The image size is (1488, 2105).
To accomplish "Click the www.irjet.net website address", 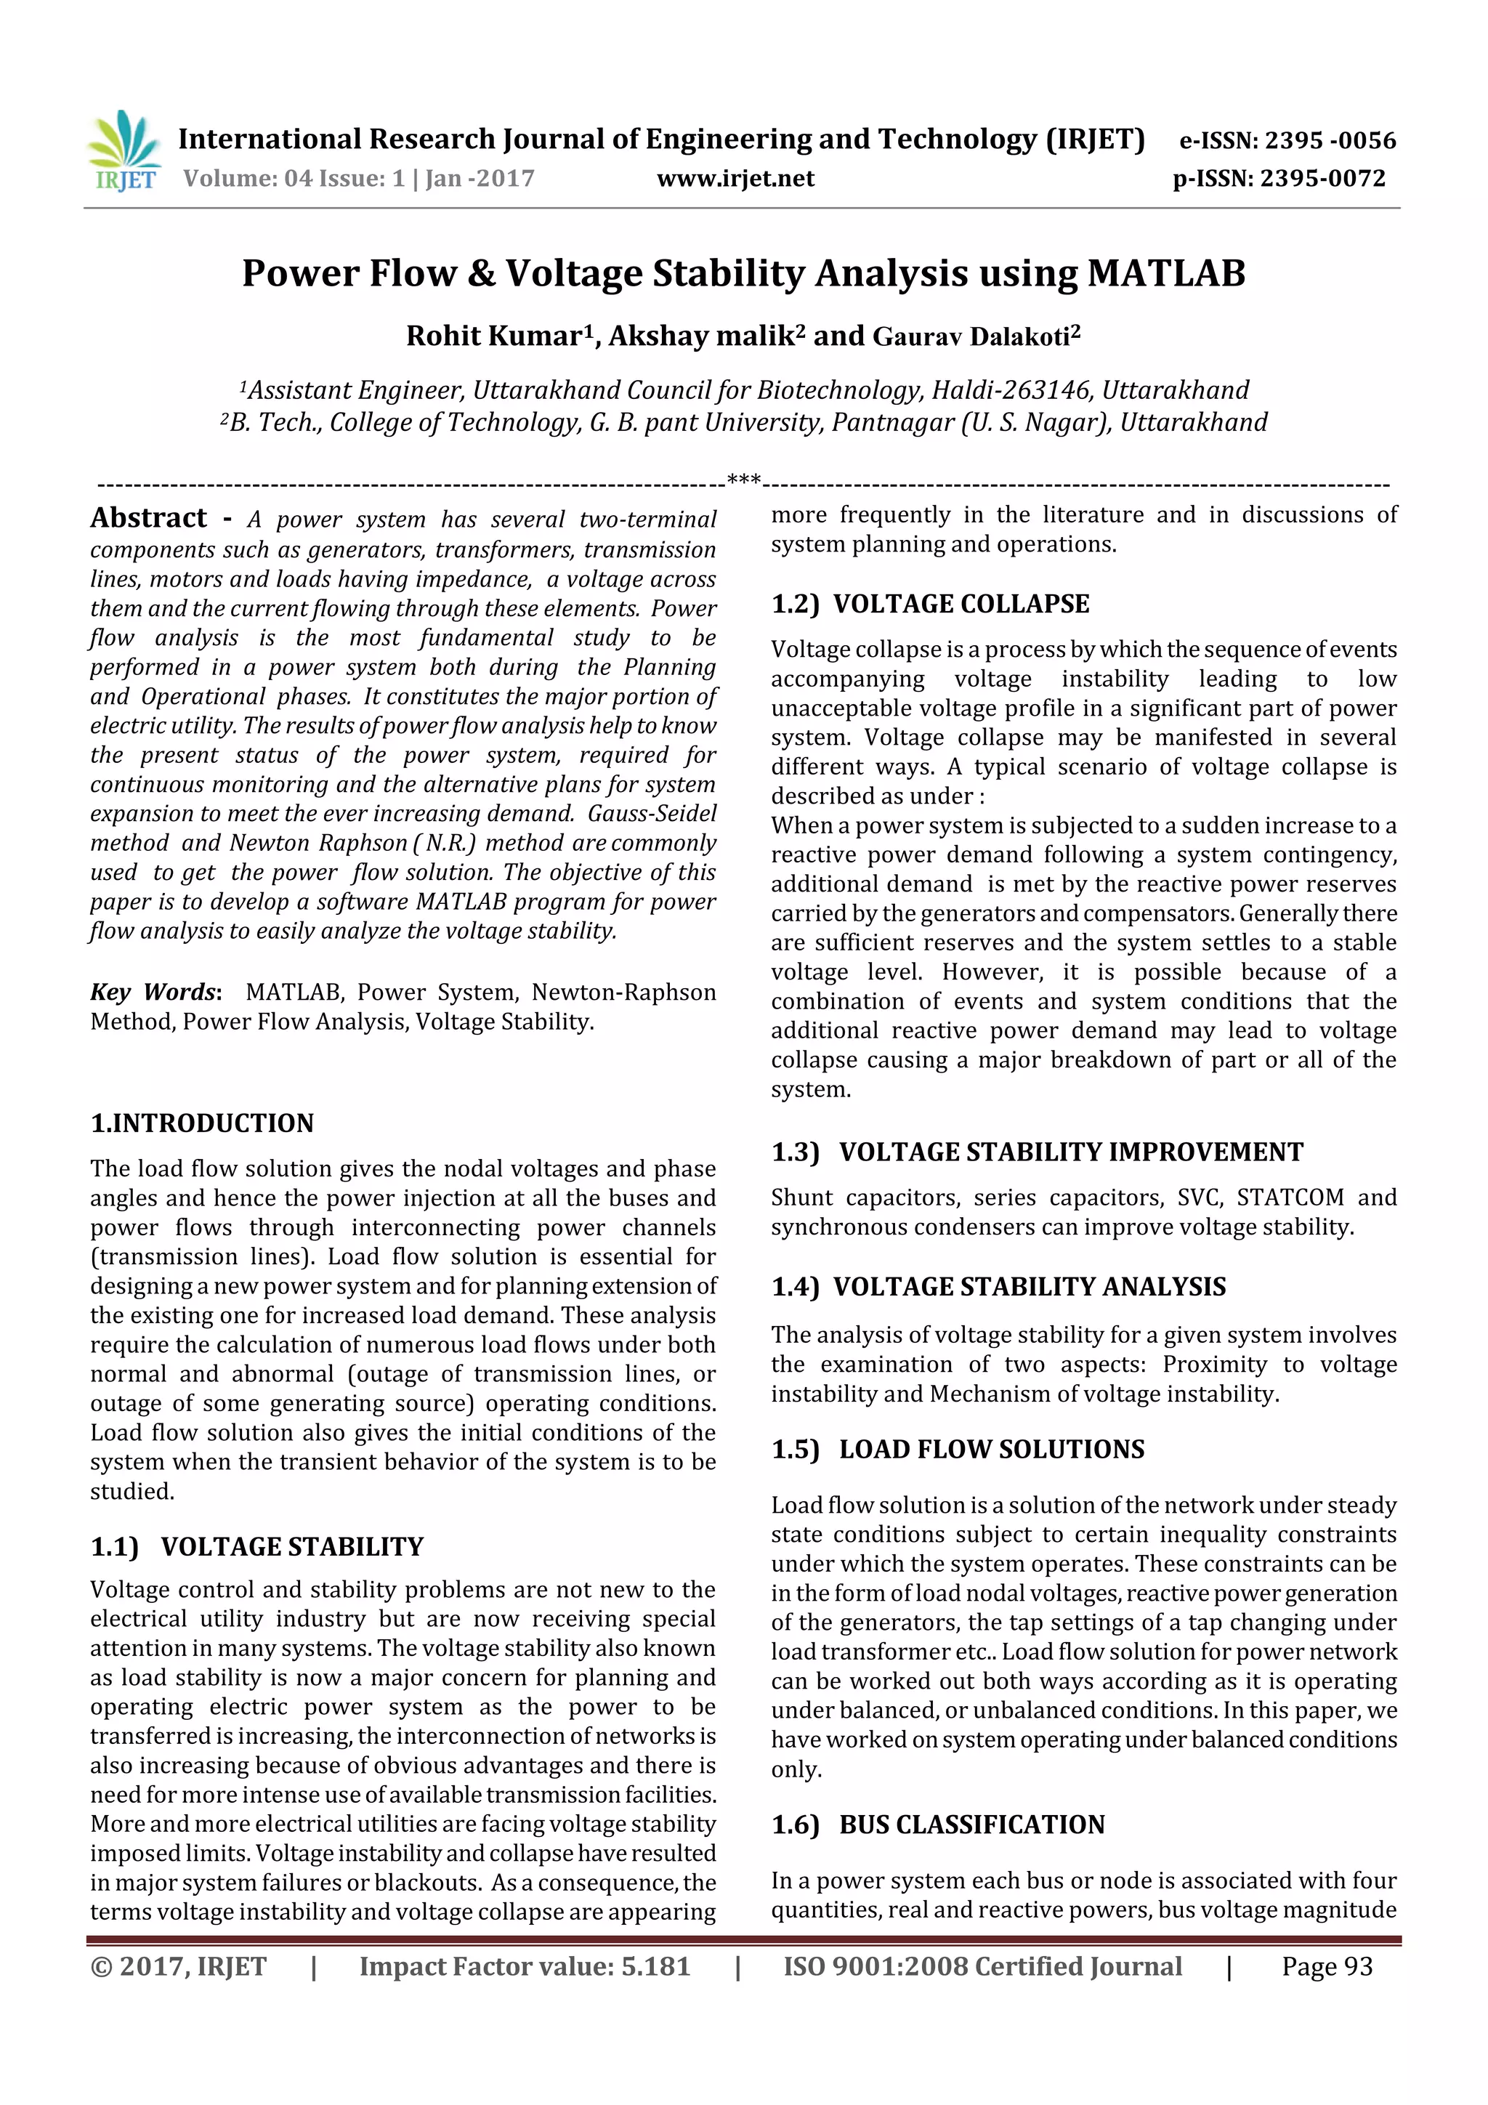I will pyautogui.click(x=735, y=179).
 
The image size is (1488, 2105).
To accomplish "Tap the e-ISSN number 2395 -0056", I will pyautogui.click(x=1330, y=140).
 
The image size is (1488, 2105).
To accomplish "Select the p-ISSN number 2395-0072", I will pyautogui.click(x=1323, y=179).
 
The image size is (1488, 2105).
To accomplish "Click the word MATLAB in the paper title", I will pyautogui.click(x=1166, y=273).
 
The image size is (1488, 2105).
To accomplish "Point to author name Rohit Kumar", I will pyautogui.click(x=493, y=336).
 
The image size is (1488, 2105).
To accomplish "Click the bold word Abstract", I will pyautogui.click(x=148, y=518).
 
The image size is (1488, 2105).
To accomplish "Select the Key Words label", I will pyautogui.click(x=154, y=992).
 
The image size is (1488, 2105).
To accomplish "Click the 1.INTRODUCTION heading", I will pyautogui.click(x=202, y=1123).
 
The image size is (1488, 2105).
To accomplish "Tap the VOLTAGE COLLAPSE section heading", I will pyautogui.click(x=961, y=604).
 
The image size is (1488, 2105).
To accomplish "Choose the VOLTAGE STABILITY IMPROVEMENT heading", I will pyautogui.click(x=1070, y=1152).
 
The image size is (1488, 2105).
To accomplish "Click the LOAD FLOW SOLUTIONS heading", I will pyautogui.click(x=991, y=1450).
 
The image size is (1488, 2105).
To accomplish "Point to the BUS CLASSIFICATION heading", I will pyautogui.click(x=972, y=1825).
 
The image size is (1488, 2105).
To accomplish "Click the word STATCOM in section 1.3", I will pyautogui.click(x=1290, y=1198).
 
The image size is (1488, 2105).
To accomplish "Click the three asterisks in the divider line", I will pyautogui.click(x=743, y=480).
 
